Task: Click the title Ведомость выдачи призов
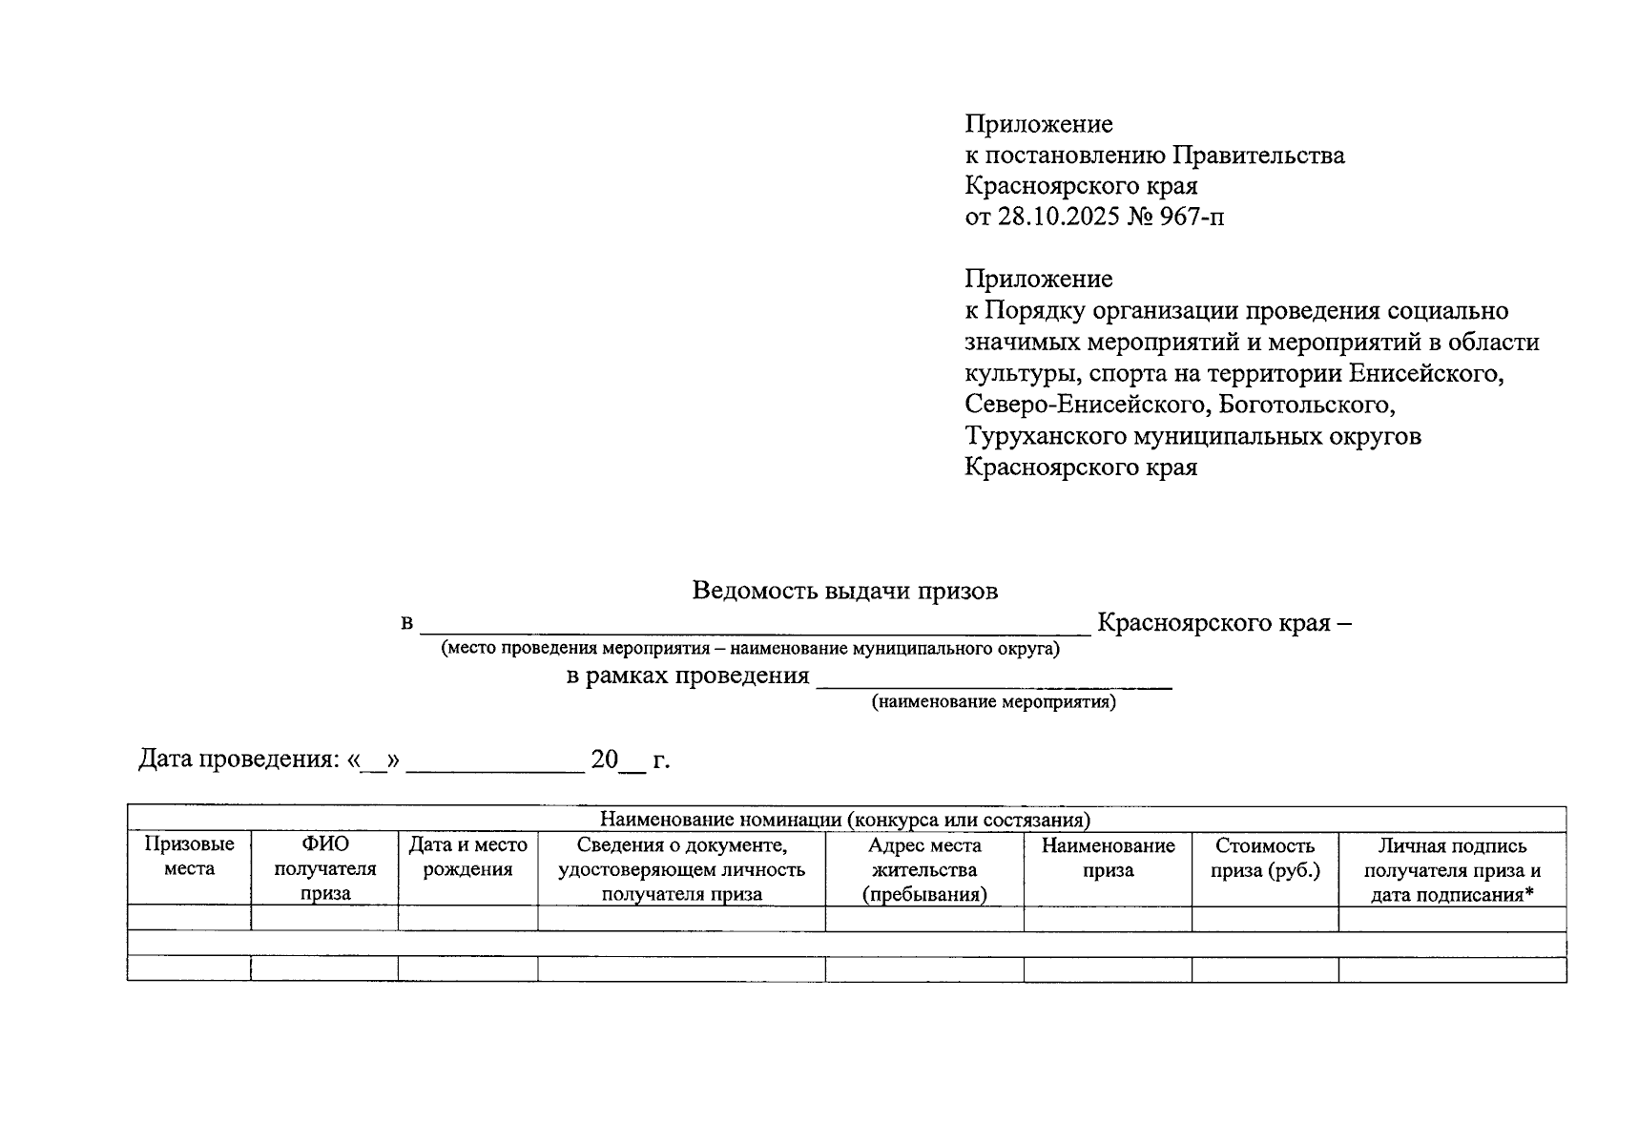pyautogui.click(x=844, y=591)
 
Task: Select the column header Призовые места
pyautogui.click(x=189, y=857)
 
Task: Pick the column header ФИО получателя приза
pyautogui.click(x=324, y=869)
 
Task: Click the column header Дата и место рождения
pyautogui.click(x=467, y=857)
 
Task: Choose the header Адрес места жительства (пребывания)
pyautogui.click(x=923, y=869)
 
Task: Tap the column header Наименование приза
pyautogui.click(x=1108, y=857)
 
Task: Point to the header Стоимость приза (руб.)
pyautogui.click(x=1264, y=857)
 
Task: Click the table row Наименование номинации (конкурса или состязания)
pyautogui.click(x=844, y=820)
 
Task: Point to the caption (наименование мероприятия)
pyautogui.click(x=993, y=702)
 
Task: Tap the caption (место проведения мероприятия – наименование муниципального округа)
pyautogui.click(x=750, y=649)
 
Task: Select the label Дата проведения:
pyautogui.click(x=239, y=760)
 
